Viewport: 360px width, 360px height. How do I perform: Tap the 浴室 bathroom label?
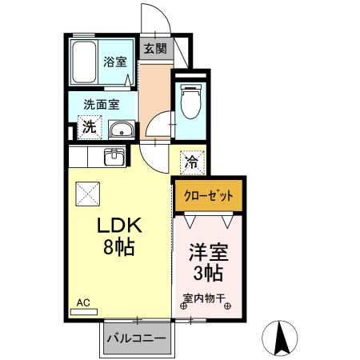click(x=114, y=62)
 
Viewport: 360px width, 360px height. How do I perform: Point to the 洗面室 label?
click(x=103, y=104)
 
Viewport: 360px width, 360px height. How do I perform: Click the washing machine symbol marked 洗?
click(x=90, y=126)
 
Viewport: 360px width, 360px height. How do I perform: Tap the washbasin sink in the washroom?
click(x=121, y=130)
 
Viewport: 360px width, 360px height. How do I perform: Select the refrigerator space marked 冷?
click(x=192, y=162)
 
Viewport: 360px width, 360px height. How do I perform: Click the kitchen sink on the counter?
click(x=114, y=156)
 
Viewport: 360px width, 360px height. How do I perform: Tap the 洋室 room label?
click(x=208, y=254)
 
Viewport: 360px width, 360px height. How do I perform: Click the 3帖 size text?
click(x=208, y=275)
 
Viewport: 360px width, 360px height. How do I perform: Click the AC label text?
click(x=83, y=303)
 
